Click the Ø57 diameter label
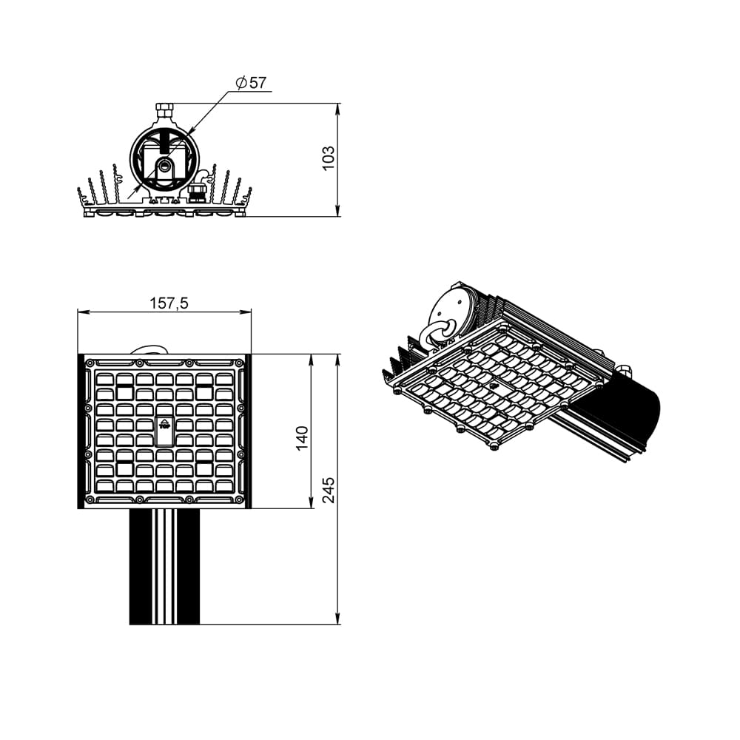tap(251, 83)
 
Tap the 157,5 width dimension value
tap(169, 303)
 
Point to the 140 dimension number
tap(302, 438)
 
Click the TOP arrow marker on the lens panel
tap(165, 423)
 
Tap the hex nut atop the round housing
tap(164, 112)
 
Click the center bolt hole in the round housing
tap(165, 165)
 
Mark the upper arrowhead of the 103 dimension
tap(337, 109)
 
